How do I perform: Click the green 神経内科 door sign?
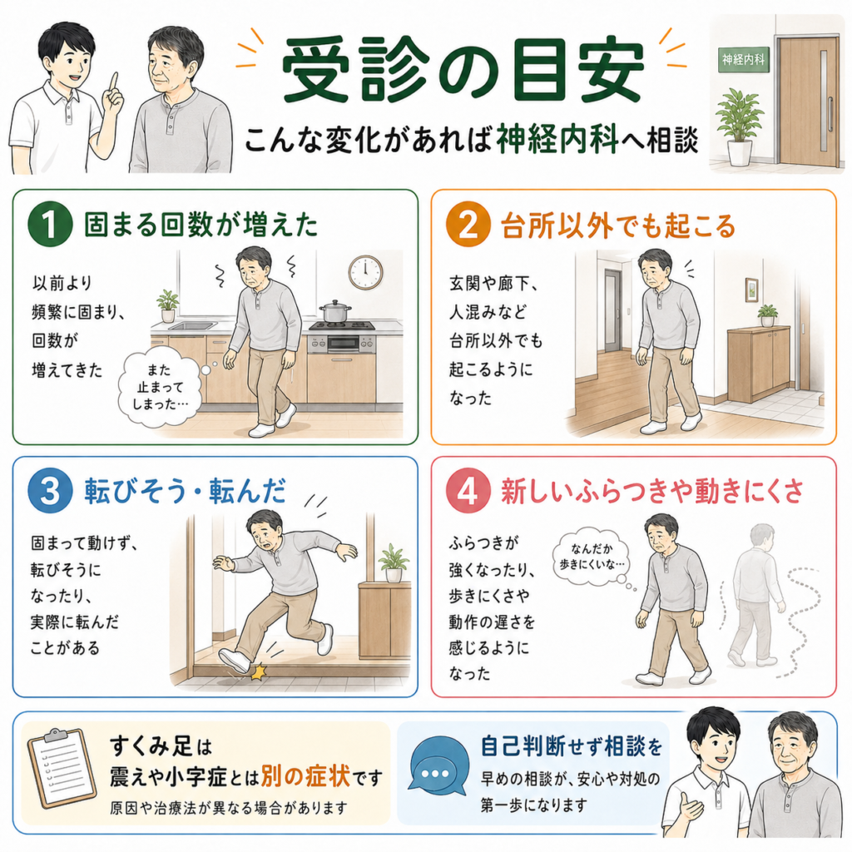tap(744, 59)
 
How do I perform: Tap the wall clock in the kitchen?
tap(366, 272)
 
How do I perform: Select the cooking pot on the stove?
tap(335, 311)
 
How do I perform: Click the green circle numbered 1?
tap(50, 224)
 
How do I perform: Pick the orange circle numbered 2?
tap(468, 224)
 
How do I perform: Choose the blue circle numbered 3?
tap(50, 491)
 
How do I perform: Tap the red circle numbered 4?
tap(468, 491)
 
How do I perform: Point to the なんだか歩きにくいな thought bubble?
tap(592, 557)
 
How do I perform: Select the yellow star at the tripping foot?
tap(256, 671)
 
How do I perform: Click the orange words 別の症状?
tap(305, 776)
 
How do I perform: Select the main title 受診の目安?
tap(463, 71)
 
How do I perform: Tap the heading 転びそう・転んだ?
tap(186, 491)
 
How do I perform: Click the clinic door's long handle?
tap(830, 115)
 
